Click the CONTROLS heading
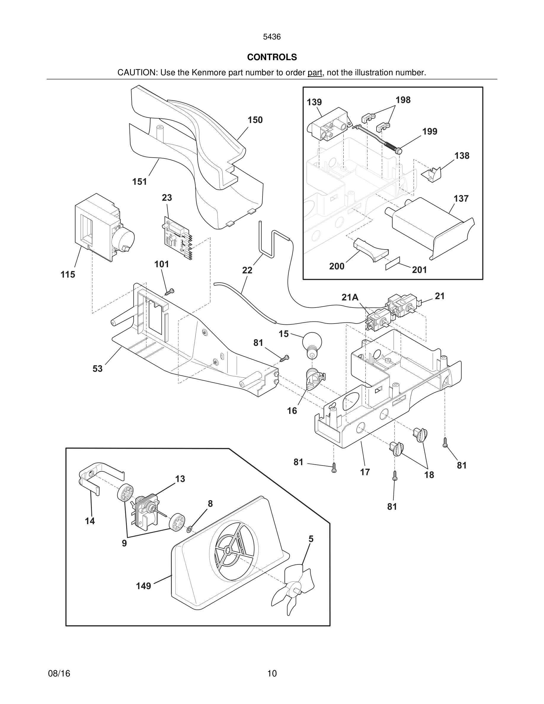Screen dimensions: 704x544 [272, 57]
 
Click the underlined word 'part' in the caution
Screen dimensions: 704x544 [315, 73]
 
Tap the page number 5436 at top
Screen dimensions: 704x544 [272, 37]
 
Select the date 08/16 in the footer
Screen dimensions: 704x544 [59, 673]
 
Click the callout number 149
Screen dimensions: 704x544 [143, 586]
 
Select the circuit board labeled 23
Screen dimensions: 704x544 [177, 238]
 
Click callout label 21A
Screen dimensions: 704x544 [350, 297]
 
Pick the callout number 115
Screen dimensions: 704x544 [68, 275]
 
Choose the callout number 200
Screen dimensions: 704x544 [337, 266]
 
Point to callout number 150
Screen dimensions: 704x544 [255, 120]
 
